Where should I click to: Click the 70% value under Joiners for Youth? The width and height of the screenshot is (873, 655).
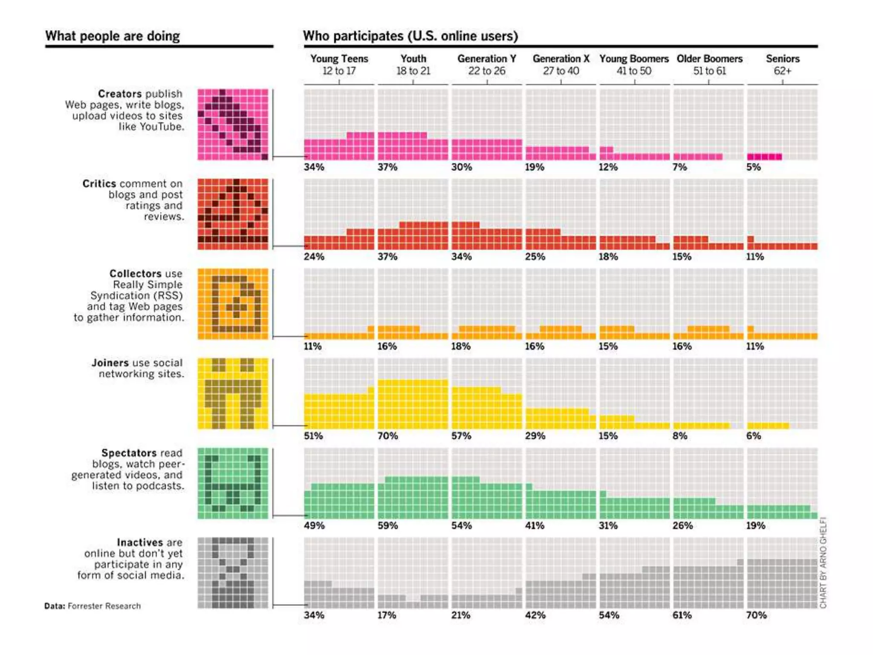(387, 436)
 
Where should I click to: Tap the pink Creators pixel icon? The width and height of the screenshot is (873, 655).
(233, 125)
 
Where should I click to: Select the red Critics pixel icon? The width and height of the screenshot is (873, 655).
(233, 214)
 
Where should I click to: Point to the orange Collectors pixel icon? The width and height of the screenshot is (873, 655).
(233, 304)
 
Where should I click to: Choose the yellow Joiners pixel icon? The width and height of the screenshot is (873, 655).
(233, 393)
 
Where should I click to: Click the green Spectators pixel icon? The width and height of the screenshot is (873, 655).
(233, 483)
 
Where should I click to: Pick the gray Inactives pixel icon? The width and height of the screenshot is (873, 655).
(233, 573)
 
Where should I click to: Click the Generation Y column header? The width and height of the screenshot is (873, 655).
(487, 64)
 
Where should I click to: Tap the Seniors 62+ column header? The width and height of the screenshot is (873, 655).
(783, 64)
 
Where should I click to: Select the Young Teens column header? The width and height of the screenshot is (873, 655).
(339, 64)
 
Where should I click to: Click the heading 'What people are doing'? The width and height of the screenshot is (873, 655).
(113, 36)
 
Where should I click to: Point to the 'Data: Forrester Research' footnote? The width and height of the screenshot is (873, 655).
(93, 606)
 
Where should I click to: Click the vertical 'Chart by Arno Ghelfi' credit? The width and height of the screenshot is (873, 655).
(823, 563)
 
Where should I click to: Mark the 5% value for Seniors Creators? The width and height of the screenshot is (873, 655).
(753, 167)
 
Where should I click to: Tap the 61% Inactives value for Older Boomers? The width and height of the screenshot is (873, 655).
(682, 615)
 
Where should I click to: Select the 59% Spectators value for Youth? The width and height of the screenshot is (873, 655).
(387, 525)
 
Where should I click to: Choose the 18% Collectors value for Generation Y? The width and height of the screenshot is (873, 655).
(461, 346)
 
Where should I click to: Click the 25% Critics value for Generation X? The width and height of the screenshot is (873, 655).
(535, 257)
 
